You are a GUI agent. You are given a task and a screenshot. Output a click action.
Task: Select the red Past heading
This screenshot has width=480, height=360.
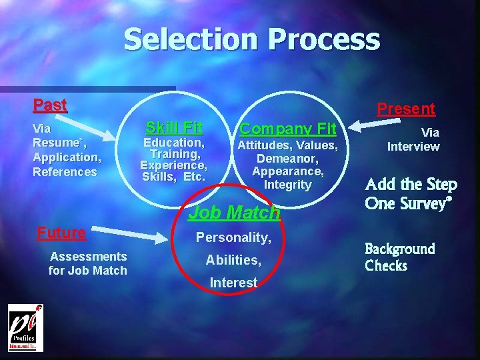pyautogui.click(x=50, y=105)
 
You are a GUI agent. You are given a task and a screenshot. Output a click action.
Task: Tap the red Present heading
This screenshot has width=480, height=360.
pyautogui.click(x=406, y=108)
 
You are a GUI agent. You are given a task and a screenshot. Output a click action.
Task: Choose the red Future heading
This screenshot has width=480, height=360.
pyautogui.click(x=61, y=233)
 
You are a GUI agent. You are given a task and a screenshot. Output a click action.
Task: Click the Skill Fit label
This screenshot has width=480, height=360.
pyautogui.click(x=174, y=127)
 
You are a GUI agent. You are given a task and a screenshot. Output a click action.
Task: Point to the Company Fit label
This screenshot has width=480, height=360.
pyautogui.click(x=288, y=128)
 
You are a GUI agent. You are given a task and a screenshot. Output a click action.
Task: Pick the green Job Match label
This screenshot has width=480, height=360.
pyautogui.click(x=233, y=213)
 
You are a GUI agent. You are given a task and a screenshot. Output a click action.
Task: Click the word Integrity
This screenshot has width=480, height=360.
pyautogui.click(x=288, y=184)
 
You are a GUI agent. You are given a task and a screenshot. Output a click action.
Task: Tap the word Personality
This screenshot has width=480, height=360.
pyautogui.click(x=233, y=237)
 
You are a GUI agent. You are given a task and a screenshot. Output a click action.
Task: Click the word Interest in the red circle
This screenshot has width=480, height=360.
pyautogui.click(x=233, y=283)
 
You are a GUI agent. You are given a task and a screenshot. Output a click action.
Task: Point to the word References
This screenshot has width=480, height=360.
pyautogui.click(x=65, y=171)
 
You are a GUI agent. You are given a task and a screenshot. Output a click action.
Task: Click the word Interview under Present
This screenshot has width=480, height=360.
pyautogui.click(x=413, y=146)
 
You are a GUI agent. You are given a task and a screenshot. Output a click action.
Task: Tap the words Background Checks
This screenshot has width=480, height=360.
pyautogui.click(x=399, y=257)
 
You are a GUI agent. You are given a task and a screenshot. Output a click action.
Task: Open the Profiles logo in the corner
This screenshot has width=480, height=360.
pyautogui.click(x=25, y=327)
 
